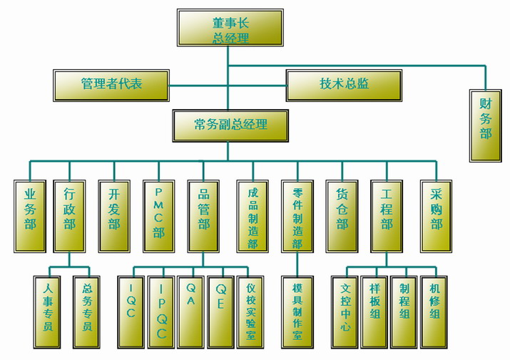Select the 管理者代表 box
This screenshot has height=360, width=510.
[x=111, y=84]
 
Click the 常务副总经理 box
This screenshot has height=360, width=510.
[x=230, y=125]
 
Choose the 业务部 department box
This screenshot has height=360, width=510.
[x=30, y=215]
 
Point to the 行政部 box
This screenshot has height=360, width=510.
[x=69, y=215]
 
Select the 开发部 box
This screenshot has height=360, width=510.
[x=114, y=215]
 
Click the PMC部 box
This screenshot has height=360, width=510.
[x=158, y=215]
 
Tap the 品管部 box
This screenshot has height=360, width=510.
[x=204, y=215]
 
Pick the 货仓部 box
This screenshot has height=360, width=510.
[x=342, y=215]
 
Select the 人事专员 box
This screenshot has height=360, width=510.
[x=48, y=312]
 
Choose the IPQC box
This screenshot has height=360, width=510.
[x=162, y=312]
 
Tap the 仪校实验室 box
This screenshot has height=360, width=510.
[x=250, y=312]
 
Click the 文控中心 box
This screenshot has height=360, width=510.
[x=346, y=312]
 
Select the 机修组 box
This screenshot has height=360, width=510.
[x=434, y=312]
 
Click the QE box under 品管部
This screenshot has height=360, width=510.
[x=220, y=312]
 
